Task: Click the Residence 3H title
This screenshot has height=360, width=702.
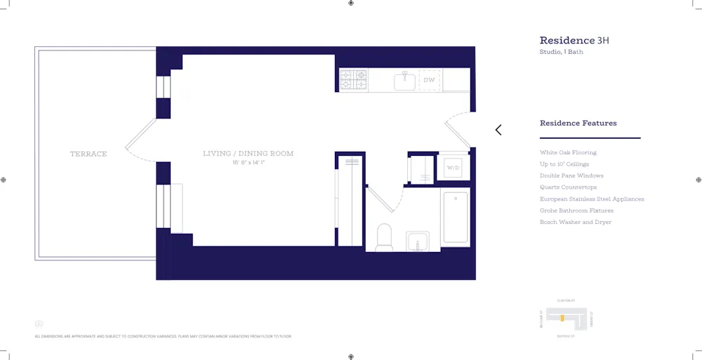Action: [574, 41]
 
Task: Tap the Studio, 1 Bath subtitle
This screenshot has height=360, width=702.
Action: [561, 53]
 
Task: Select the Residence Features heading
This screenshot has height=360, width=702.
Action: [578, 124]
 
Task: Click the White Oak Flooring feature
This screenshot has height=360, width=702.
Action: [568, 152]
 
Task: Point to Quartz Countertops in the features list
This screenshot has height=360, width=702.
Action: [568, 187]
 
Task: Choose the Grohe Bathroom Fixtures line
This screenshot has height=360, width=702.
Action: [576, 211]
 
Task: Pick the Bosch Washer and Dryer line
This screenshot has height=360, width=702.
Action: [575, 222]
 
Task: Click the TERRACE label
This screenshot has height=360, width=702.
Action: [88, 154]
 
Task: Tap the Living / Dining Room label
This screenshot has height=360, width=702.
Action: [248, 154]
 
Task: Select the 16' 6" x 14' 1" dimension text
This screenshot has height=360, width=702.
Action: [248, 163]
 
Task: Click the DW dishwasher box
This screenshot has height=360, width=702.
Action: [429, 80]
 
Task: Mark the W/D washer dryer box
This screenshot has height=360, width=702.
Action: [453, 168]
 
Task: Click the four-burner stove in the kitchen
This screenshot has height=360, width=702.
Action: [354, 79]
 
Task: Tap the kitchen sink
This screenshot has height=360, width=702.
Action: [404, 81]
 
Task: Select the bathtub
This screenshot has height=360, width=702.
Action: [456, 218]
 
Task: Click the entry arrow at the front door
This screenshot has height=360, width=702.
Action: [498, 130]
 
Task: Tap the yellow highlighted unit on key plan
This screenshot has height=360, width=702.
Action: [562, 318]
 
